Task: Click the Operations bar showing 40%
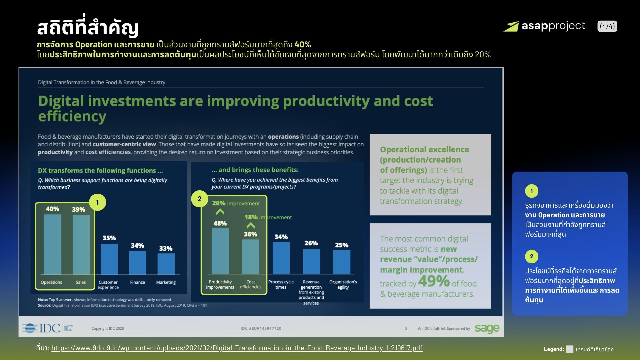coord(53,244)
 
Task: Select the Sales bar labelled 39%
coord(81,245)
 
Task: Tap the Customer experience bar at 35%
coord(109,259)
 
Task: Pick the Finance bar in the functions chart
coord(138,263)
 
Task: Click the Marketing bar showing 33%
coord(166,264)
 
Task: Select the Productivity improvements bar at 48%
coord(220,251)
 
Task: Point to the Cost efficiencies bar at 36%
coord(251,257)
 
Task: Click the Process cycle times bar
coord(281,258)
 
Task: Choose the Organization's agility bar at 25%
coord(342,262)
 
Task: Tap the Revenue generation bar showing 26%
coord(311,262)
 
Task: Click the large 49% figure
coord(434,281)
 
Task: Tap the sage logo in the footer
coord(487,329)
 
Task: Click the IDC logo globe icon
coord(30,328)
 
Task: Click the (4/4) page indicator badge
coord(607,26)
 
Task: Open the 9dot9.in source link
coord(237,348)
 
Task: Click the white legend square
coord(570,349)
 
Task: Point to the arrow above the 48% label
coord(220,212)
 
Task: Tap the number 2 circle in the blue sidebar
coord(532,257)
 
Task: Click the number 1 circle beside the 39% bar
coord(98,202)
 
